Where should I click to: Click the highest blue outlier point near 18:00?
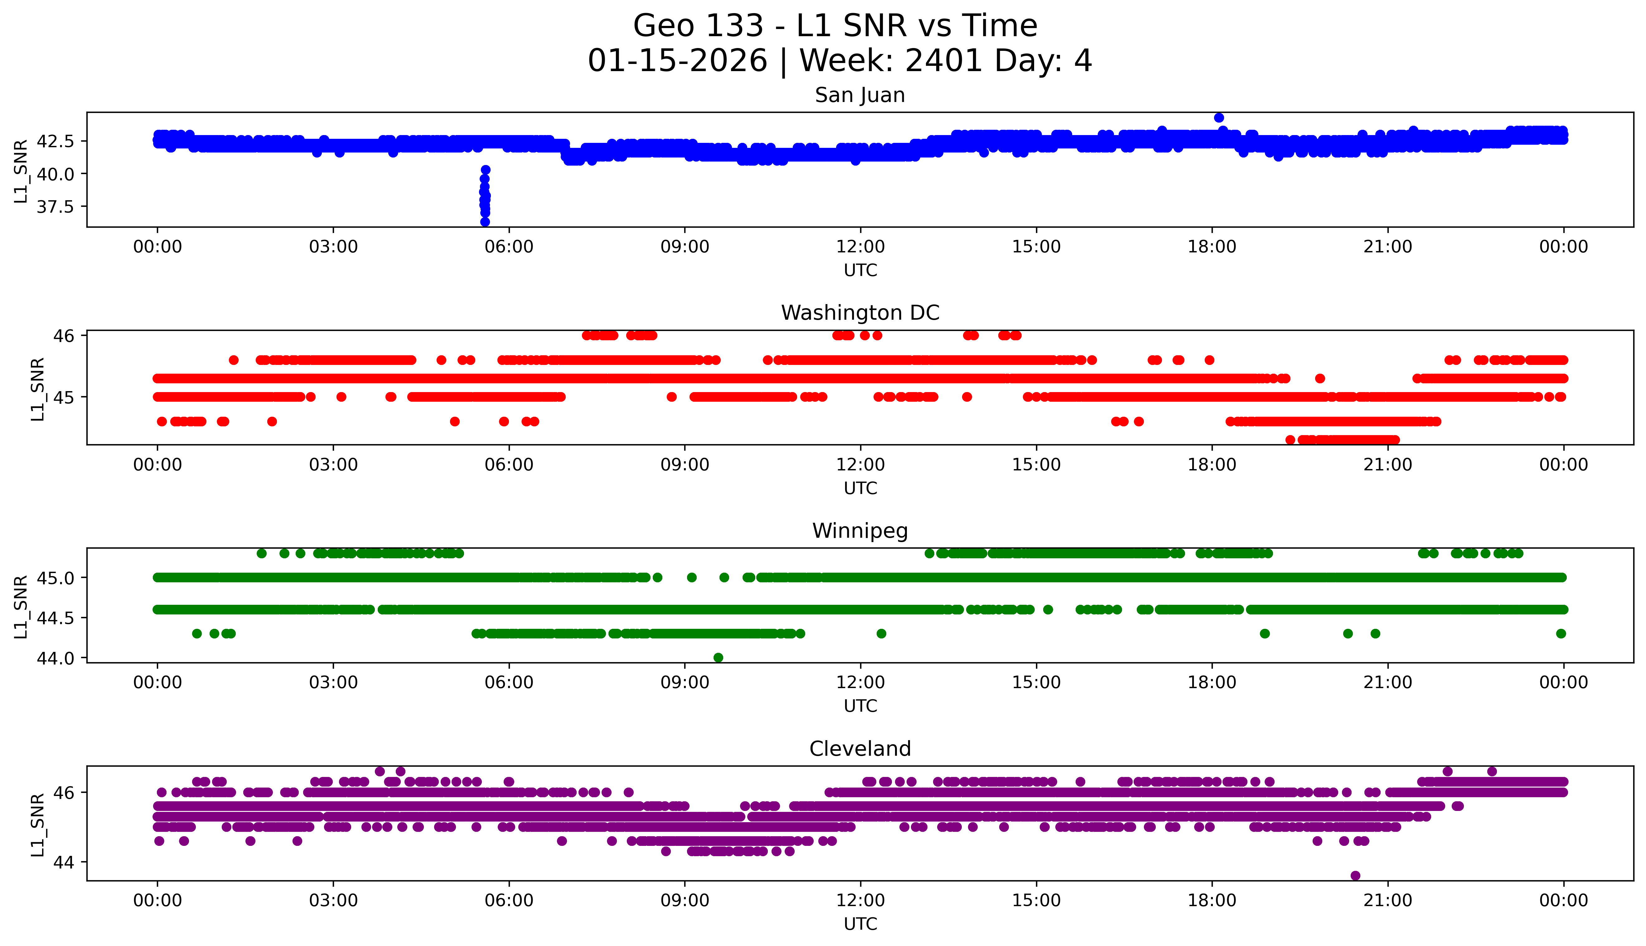(1218, 118)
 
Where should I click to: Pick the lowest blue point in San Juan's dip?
(485, 221)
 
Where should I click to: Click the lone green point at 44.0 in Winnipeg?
(718, 657)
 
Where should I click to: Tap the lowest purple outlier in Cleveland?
(1355, 875)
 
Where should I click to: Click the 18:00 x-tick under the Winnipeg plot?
(1212, 682)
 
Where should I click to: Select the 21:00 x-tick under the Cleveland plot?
(1387, 900)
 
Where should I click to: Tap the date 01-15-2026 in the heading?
(677, 61)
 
